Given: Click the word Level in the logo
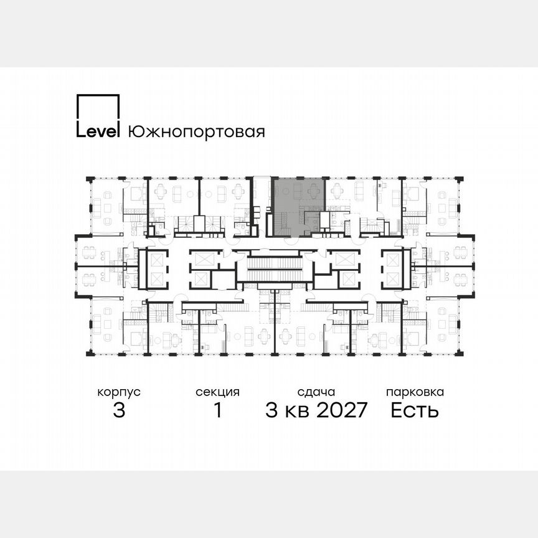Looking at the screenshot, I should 98,132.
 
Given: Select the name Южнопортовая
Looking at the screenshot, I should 196,132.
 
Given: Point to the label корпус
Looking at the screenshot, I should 119,392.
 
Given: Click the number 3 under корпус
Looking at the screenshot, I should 119,410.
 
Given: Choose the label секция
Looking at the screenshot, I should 217,392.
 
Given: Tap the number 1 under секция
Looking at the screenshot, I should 217,410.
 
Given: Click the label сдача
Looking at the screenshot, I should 316,392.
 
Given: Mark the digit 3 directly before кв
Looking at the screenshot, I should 271,410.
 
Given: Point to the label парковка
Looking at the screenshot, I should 415,392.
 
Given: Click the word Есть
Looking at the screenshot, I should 415,410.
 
